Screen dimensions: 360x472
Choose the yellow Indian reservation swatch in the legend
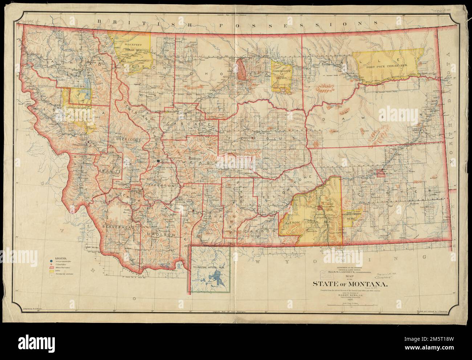(x=52, y=276)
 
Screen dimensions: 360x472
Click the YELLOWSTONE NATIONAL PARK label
(x=209, y=268)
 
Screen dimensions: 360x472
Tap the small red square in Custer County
(x=381, y=173)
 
